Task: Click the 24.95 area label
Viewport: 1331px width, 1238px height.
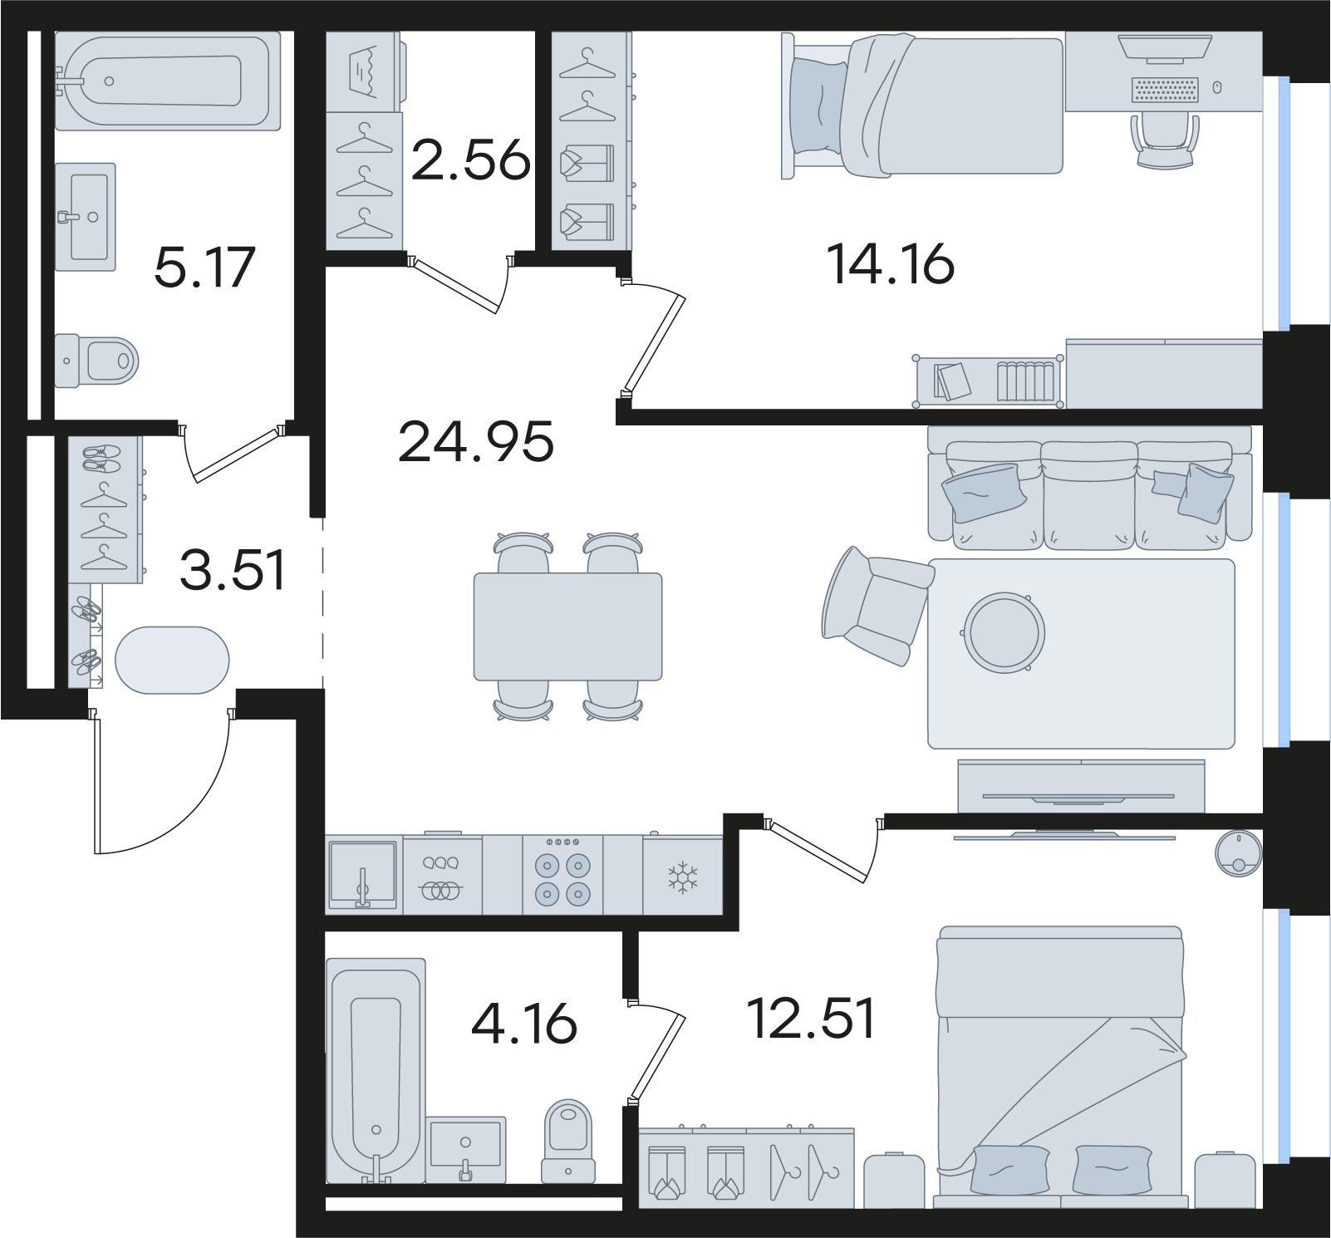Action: click(476, 441)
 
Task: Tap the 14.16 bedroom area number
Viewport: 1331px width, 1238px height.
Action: click(890, 265)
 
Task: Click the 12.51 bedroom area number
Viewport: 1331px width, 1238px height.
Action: click(812, 1019)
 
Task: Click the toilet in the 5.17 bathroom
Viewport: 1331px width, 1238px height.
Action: click(96, 361)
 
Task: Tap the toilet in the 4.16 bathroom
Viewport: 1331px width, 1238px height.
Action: click(569, 1141)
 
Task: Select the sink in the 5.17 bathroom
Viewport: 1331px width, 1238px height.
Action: click(86, 216)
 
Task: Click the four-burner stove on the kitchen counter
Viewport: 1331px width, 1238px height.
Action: click(562, 875)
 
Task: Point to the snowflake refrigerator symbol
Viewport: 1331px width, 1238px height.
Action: click(684, 878)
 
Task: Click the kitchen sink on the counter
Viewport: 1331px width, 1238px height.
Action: click(362, 876)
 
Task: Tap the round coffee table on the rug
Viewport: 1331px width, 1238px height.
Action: click(1004, 631)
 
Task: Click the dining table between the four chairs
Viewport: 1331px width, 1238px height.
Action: click(568, 626)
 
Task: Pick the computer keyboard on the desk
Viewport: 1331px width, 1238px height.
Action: click(1166, 90)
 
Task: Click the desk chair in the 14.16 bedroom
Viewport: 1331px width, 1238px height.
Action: click(1166, 140)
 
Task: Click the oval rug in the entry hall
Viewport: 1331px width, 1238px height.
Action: click(172, 660)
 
